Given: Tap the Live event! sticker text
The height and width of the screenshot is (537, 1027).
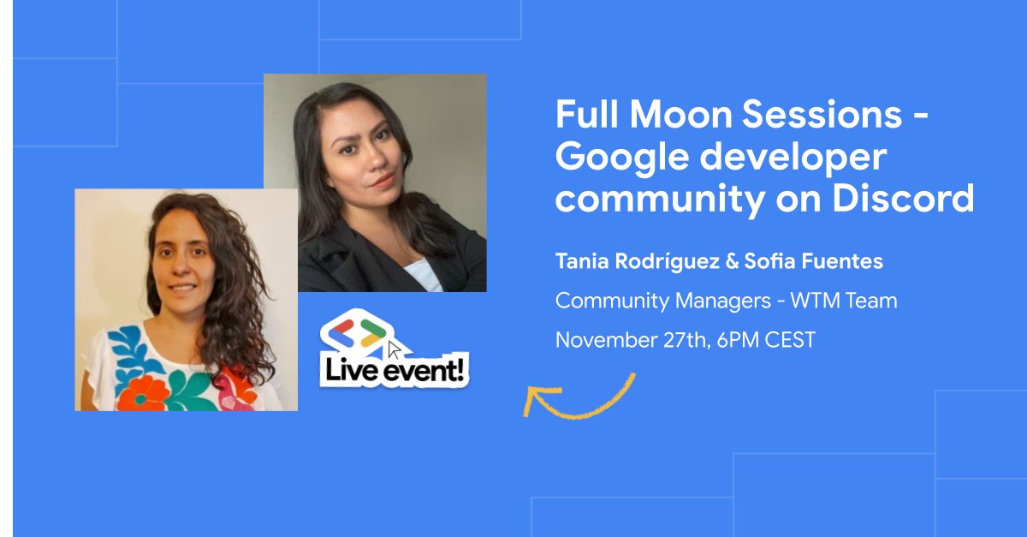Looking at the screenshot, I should (x=395, y=371).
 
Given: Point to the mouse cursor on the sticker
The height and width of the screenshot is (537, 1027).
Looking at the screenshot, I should (x=394, y=349).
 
